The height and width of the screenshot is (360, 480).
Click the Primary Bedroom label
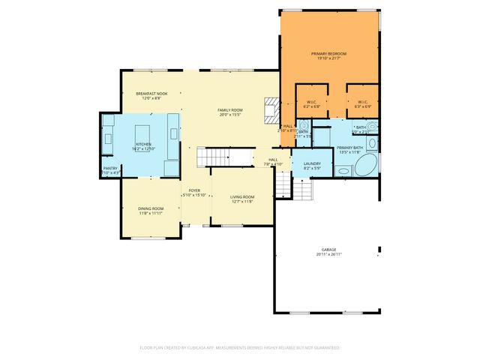coord(329,54)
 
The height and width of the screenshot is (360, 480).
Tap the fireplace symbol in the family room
coord(271,109)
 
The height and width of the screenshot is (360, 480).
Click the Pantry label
coord(110,168)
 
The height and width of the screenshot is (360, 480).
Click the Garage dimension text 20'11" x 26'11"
coord(328,254)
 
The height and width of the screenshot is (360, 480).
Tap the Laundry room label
coord(312,163)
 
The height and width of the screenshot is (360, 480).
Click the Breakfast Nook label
coord(151,94)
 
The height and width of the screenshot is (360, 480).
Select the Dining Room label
coord(150,208)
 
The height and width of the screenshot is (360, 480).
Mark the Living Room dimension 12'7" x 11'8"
coord(241,202)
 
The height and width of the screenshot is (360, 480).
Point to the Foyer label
coord(193,190)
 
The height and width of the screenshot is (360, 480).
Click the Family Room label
coord(229,110)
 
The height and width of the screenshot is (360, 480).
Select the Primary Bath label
coord(349,148)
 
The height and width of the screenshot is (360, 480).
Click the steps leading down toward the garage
coord(301,190)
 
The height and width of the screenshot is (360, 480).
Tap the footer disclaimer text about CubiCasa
coord(240,347)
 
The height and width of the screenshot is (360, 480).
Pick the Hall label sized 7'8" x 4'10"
coord(274,159)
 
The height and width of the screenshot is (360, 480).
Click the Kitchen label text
coord(143,143)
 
